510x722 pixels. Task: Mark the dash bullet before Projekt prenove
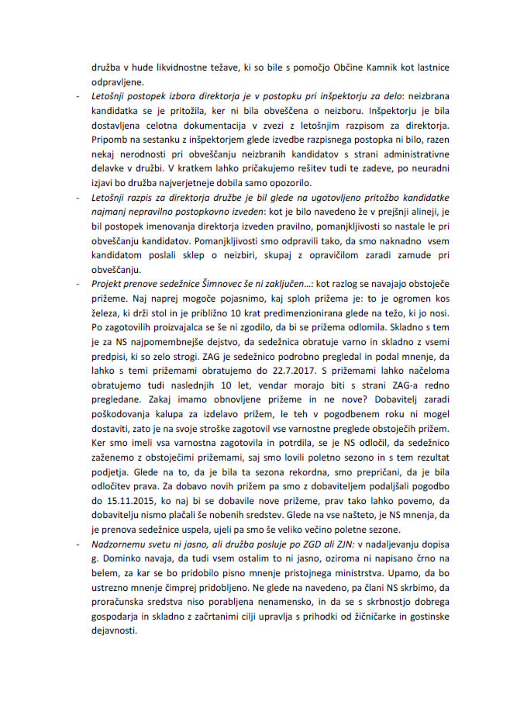(x=76, y=284)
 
